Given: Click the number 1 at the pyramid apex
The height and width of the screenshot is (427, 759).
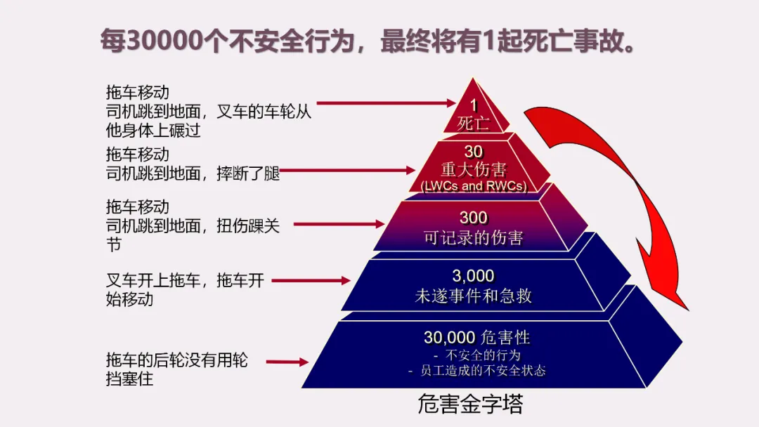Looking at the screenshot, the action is [x=474, y=105].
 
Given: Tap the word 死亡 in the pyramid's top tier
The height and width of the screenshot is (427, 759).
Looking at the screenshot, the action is [x=473, y=124].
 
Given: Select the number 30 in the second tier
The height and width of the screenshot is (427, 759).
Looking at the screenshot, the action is [x=474, y=152].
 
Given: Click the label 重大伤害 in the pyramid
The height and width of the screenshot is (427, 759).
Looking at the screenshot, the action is [x=473, y=170].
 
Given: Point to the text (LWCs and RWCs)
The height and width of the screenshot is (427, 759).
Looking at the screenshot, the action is [x=473, y=186].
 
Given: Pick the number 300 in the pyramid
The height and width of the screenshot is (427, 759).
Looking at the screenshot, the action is [x=474, y=218].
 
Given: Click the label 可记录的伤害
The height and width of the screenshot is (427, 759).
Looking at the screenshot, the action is [x=473, y=237].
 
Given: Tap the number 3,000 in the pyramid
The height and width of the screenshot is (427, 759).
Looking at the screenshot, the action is [x=473, y=276].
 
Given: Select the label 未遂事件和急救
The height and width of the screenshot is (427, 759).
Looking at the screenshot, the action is [x=473, y=296].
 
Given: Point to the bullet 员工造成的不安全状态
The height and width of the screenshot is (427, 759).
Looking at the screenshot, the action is [x=478, y=370].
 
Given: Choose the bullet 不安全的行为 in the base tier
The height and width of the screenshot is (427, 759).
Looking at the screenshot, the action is [x=478, y=355].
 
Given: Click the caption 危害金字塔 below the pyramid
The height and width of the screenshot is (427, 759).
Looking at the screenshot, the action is [x=470, y=405].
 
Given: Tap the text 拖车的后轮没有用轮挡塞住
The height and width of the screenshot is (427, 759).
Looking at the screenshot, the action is [x=176, y=369].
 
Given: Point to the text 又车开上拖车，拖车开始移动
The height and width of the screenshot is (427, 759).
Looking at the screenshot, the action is [x=184, y=289].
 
